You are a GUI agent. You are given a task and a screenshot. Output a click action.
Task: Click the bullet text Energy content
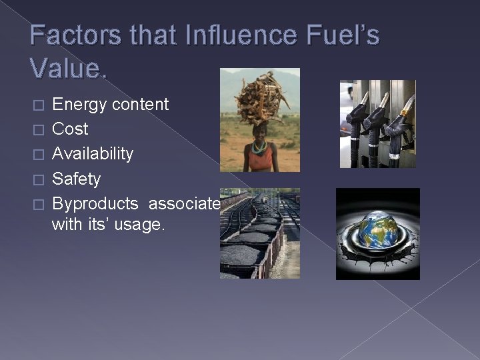click(110, 104)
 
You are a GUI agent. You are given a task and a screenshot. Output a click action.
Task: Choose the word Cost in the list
click(70, 129)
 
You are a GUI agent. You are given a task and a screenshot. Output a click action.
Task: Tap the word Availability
click(93, 153)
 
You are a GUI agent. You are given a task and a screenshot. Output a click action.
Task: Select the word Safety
click(76, 179)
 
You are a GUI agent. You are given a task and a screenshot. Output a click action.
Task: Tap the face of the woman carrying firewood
click(260, 130)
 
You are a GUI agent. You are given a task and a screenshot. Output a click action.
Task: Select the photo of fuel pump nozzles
click(377, 124)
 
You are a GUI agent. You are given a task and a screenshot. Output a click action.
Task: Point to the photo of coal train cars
click(259, 233)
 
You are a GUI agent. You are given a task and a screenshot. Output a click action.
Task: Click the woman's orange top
click(259, 159)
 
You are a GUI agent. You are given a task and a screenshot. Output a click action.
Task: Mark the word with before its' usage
click(66, 225)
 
